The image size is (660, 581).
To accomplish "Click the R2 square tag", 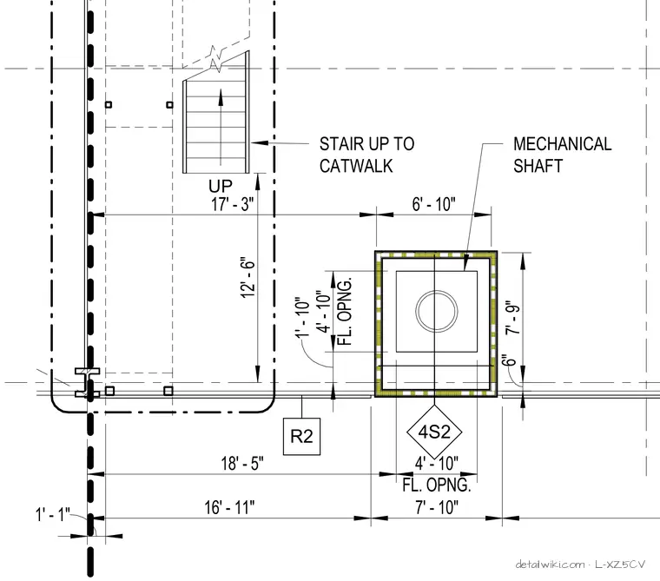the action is point(302,436).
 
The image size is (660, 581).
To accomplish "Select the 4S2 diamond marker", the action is point(434,432).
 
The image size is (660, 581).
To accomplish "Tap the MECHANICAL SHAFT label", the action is point(562,155).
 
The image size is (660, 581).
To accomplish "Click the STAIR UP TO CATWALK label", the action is point(366,155).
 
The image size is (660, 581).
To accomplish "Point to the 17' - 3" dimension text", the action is point(233,204).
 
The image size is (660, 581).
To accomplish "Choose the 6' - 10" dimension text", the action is point(433,204).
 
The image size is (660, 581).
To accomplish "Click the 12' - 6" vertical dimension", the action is point(247,278).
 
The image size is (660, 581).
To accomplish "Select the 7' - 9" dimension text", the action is point(512,318).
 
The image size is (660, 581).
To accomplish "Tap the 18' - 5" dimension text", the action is point(242,463).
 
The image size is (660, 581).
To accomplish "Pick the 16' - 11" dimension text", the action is point(229,507).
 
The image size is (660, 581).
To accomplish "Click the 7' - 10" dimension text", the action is point(437,507).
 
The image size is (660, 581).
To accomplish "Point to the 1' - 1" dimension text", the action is point(52,514).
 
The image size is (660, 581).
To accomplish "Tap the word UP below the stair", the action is point(220,186).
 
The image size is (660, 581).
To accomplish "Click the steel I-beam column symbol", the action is point(87,382).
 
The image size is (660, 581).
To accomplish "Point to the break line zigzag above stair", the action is point(215,59).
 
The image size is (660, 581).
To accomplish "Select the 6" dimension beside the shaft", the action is point(509,360).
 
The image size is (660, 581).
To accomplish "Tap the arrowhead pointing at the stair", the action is point(260,142).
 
